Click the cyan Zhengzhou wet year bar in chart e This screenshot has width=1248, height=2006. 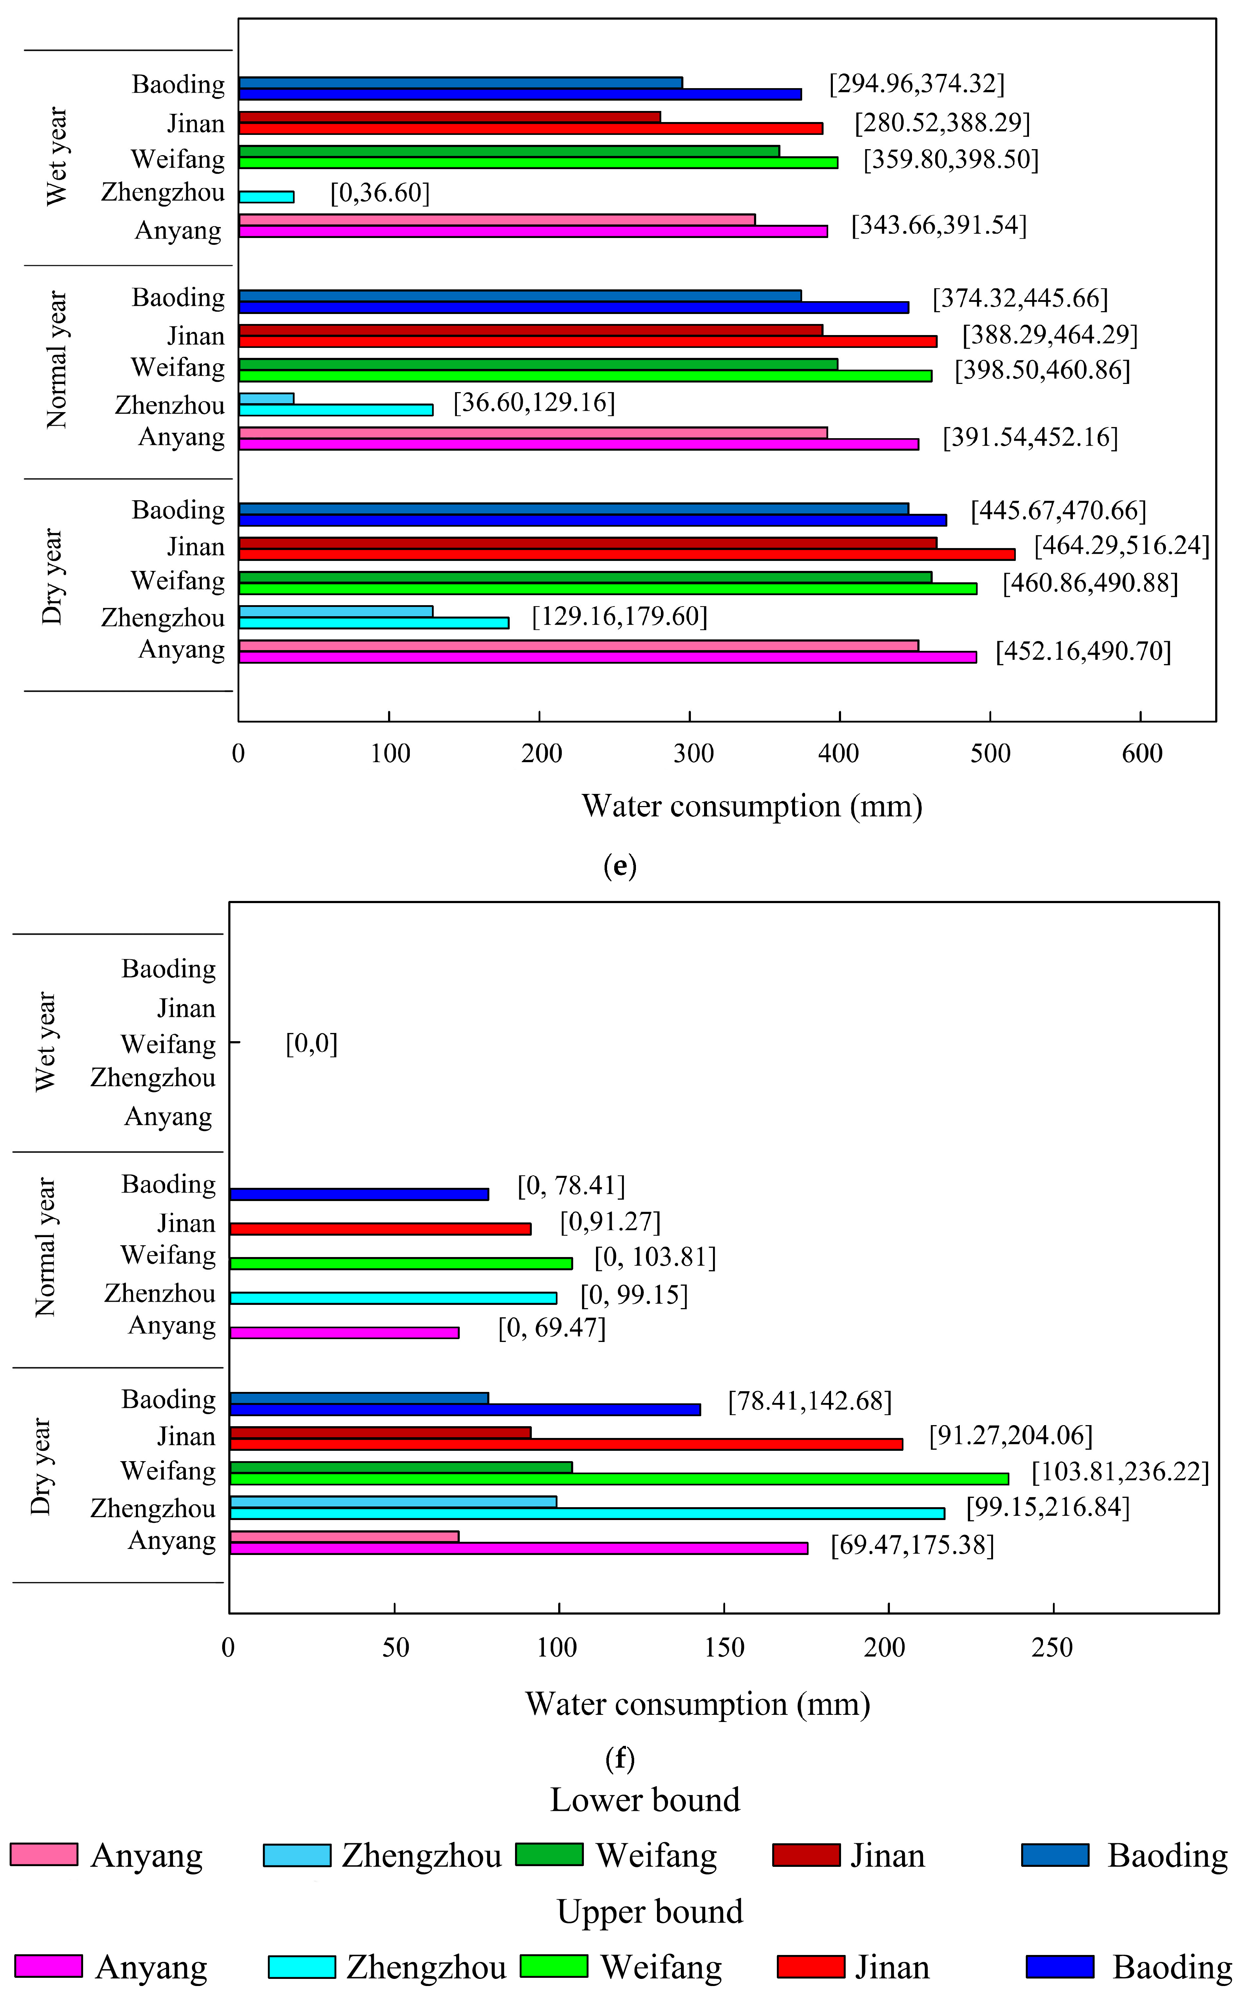coord(266,197)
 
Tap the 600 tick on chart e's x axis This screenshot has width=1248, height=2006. coord(1141,753)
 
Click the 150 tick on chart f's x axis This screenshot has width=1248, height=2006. coord(724,1647)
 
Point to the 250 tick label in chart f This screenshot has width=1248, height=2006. coord(1053,1647)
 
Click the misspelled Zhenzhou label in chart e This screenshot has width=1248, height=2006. coord(169,405)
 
